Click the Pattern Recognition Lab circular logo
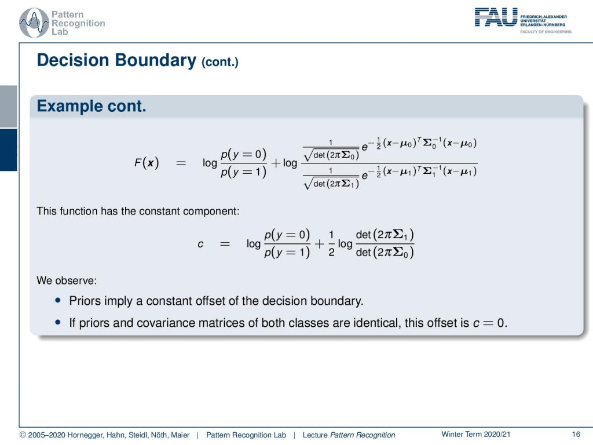(x=34, y=23)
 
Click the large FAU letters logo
(x=496, y=17)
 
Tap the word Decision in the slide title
(x=73, y=60)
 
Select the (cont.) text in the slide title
(x=219, y=61)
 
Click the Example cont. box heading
(x=91, y=106)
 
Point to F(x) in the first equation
(x=147, y=163)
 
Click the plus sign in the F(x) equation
(x=276, y=163)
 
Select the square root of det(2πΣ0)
(x=331, y=155)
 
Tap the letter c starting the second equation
(x=200, y=244)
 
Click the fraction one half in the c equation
(x=331, y=243)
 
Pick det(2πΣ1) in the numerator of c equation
(x=385, y=235)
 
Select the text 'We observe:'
(x=67, y=280)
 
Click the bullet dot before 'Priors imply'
(x=58, y=300)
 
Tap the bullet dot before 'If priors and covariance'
(x=58, y=322)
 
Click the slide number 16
(x=576, y=434)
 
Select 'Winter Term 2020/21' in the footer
(x=476, y=434)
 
